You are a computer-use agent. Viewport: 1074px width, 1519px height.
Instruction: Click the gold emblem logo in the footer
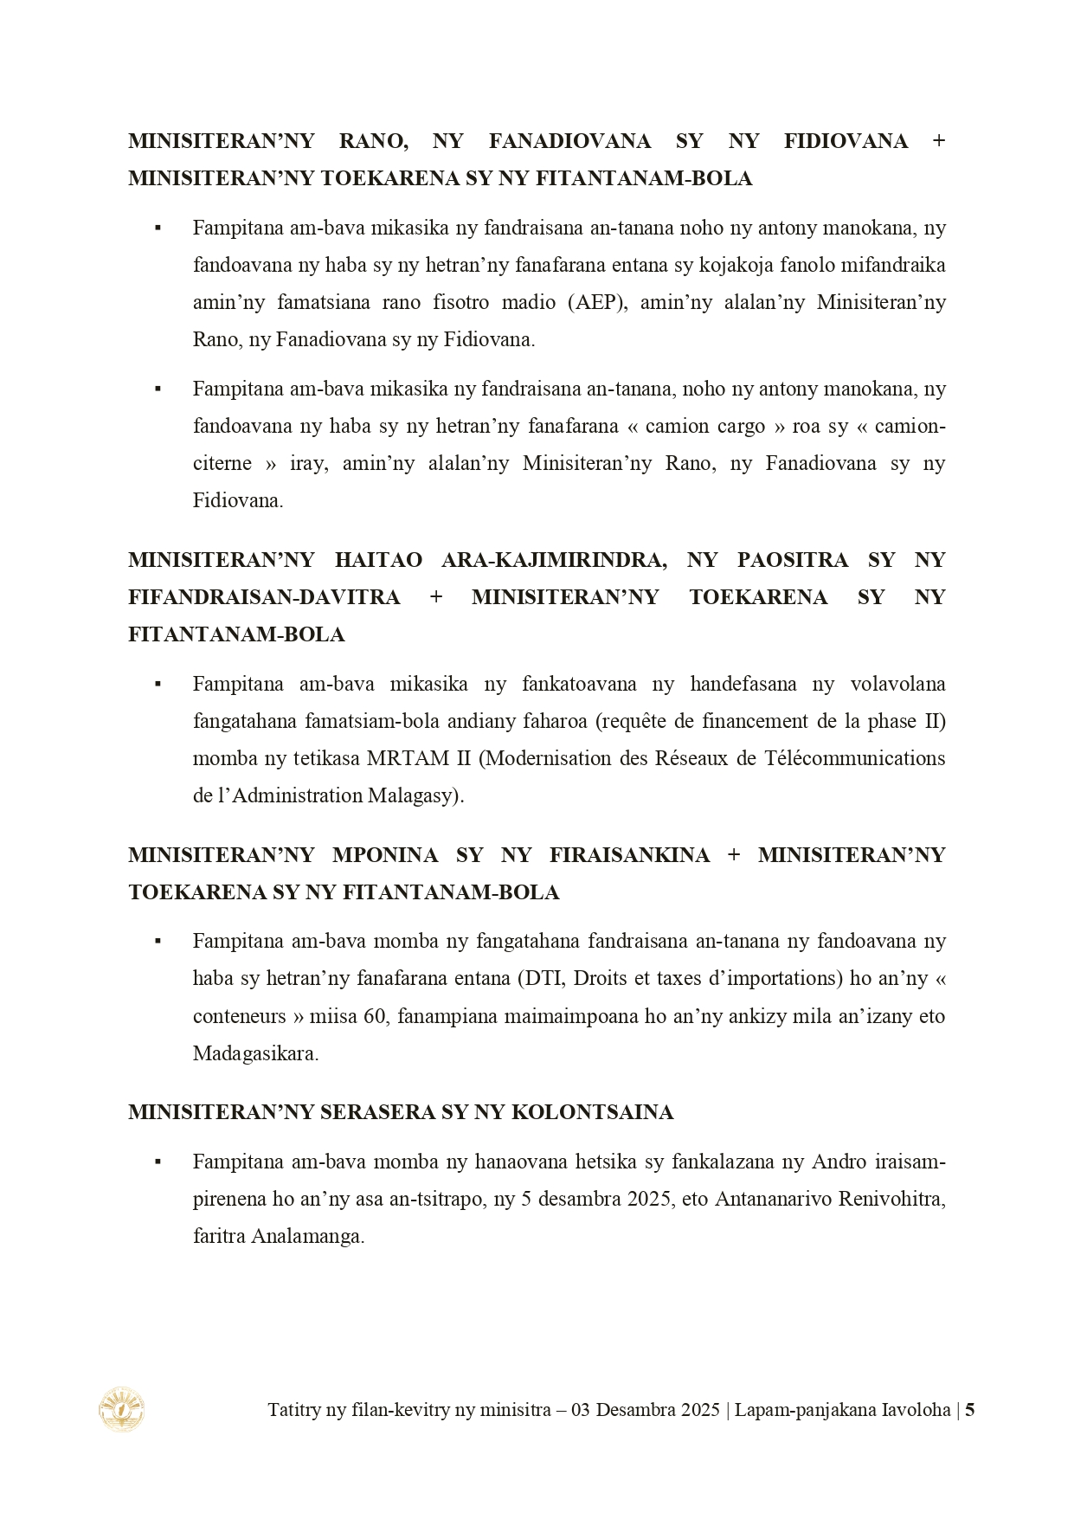click(121, 1408)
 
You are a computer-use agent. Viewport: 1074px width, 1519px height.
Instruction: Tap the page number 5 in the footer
click(969, 1409)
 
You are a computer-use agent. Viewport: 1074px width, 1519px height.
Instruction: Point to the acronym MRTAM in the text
click(404, 758)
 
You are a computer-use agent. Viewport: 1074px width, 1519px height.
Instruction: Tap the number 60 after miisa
click(374, 1015)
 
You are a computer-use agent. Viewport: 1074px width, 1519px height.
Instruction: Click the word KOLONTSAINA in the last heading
click(593, 1112)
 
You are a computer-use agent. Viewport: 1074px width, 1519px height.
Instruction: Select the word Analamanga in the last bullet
click(306, 1236)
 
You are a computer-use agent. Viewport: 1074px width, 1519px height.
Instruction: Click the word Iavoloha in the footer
click(916, 1409)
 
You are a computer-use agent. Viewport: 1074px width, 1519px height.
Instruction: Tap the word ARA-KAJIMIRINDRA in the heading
click(554, 560)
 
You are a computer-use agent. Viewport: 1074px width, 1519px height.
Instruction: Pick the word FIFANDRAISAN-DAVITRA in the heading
click(264, 597)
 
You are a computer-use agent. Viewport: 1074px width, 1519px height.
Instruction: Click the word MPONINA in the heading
click(385, 855)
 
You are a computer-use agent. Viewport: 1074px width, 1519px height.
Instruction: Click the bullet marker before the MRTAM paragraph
click(158, 684)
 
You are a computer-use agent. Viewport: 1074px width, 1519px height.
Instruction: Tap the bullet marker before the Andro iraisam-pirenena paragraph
click(158, 1162)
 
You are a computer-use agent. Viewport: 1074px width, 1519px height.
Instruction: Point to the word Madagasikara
click(255, 1053)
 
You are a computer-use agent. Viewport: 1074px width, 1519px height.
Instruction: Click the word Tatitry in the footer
click(294, 1409)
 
